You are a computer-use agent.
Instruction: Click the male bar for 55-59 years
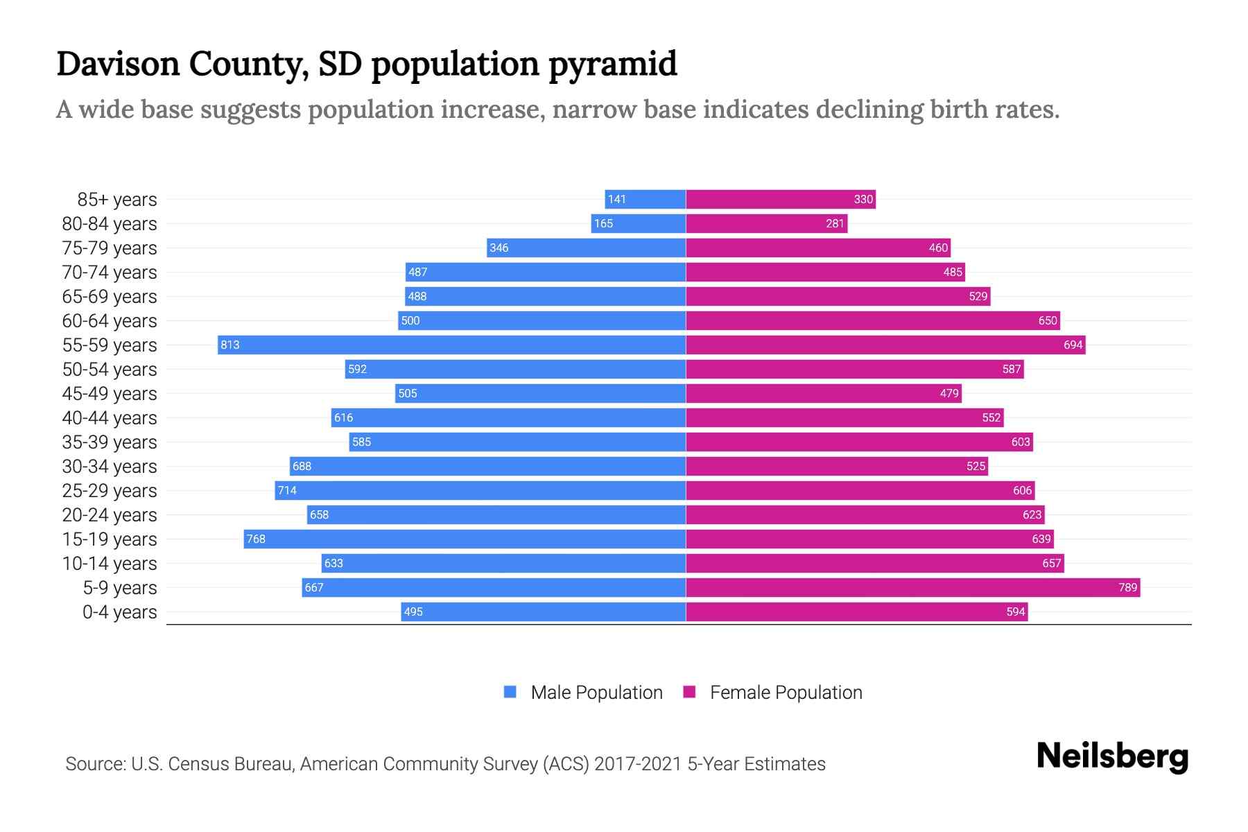451,345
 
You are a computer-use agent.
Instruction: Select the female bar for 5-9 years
912,587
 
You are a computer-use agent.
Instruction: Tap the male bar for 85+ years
645,199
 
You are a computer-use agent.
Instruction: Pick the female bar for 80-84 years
766,223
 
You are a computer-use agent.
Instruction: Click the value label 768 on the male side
256,539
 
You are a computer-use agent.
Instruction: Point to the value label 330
863,199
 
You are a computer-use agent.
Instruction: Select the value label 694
1073,345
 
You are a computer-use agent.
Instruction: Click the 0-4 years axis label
119,612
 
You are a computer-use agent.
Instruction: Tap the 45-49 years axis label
110,394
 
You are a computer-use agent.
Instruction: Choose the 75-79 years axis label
110,248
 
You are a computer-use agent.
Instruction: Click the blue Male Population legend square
510,692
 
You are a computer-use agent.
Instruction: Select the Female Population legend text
786,693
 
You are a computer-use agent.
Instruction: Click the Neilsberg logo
1112,756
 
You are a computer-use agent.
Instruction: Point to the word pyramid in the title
612,64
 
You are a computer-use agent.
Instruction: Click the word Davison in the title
117,64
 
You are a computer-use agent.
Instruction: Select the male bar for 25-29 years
480,490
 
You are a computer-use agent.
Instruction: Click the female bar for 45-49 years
824,393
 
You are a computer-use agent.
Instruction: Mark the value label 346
499,248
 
